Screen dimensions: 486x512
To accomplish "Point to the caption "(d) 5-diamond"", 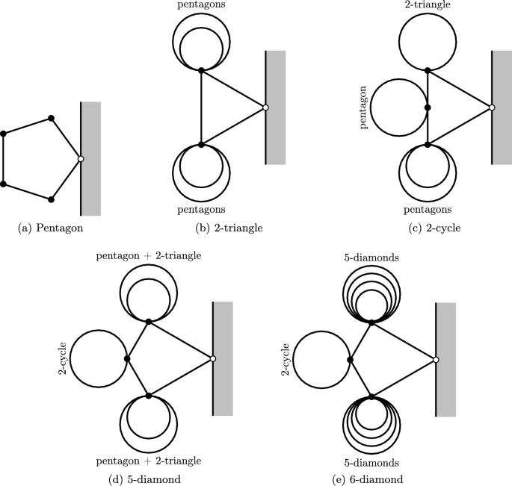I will [148, 479].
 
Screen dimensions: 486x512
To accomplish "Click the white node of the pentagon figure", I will [80, 159].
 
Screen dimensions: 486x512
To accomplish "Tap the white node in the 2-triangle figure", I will [265, 108].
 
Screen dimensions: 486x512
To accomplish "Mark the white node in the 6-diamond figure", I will [436, 360].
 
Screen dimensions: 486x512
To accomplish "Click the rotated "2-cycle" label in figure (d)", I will [65, 359].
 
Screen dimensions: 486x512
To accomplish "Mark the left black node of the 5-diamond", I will [127, 359].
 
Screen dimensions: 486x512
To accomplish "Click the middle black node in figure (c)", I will [427, 108].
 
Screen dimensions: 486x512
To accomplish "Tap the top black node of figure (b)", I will [201, 70].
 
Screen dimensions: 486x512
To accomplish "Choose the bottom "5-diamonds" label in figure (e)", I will [371, 461].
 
